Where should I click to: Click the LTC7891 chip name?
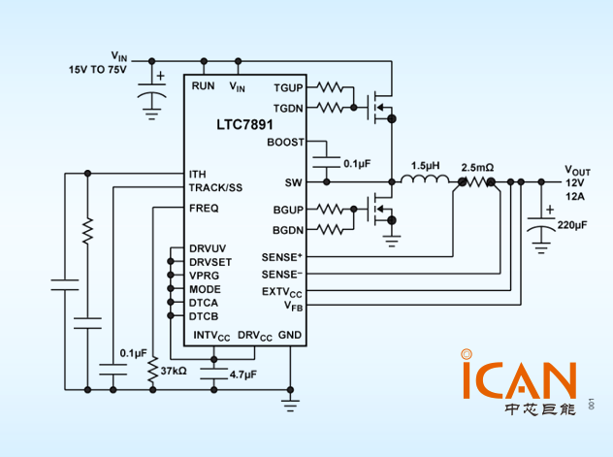pyautogui.click(x=243, y=125)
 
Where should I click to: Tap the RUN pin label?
pyautogui.click(x=204, y=86)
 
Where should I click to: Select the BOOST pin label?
pyautogui.click(x=284, y=142)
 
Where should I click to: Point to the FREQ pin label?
pyautogui.click(x=204, y=208)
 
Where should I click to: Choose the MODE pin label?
pyautogui.click(x=205, y=289)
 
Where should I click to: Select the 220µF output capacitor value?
pyautogui.click(x=571, y=225)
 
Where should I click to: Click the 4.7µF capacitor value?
pyautogui.click(x=242, y=374)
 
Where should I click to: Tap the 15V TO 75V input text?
pyautogui.click(x=97, y=71)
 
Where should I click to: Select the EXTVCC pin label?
pyautogui.click(x=282, y=292)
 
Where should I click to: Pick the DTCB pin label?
pyautogui.click(x=204, y=316)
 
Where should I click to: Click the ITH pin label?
pyautogui.click(x=198, y=174)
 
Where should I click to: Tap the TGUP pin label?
pyautogui.click(x=288, y=86)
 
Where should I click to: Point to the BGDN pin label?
pyautogui.click(x=288, y=229)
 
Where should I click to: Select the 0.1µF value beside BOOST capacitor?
pyautogui.click(x=357, y=164)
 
